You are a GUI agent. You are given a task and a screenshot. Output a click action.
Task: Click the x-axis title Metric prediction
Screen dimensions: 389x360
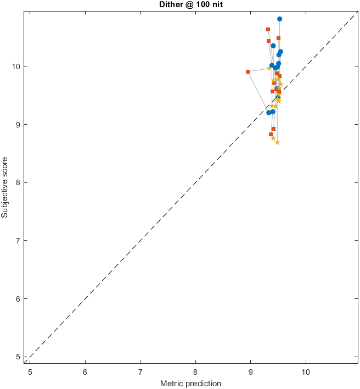pos(190,384)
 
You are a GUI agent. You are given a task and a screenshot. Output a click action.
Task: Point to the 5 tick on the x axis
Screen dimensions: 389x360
pos(30,371)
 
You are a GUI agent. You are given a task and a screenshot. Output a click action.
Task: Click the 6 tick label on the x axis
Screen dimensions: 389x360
pos(85,371)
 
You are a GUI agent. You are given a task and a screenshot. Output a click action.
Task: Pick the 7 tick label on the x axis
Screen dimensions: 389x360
pos(140,371)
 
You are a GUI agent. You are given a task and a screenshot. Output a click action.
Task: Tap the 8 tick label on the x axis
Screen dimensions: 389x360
pos(195,371)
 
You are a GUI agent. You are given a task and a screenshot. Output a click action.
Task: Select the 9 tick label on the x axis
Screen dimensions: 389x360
pos(251,371)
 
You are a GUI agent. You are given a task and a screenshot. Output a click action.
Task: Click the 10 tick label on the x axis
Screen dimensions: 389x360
pos(306,371)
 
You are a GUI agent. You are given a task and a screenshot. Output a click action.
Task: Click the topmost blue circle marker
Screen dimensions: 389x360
pos(280,19)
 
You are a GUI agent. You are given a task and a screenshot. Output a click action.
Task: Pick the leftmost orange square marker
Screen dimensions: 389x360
pos(248,71)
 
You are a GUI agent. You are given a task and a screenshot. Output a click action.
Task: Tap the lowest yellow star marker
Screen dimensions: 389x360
pos(277,142)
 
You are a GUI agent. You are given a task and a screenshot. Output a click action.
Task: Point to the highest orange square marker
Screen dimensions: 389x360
pos(268,29)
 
